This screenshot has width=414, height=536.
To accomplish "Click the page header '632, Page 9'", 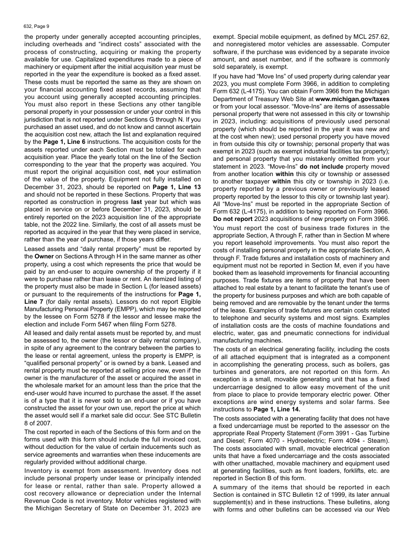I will (37, 26).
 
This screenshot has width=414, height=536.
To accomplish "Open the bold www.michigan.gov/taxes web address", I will (355, 99).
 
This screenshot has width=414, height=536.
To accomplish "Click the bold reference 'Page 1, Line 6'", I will (64, 142).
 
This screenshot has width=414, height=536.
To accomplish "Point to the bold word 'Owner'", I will (44, 256).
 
